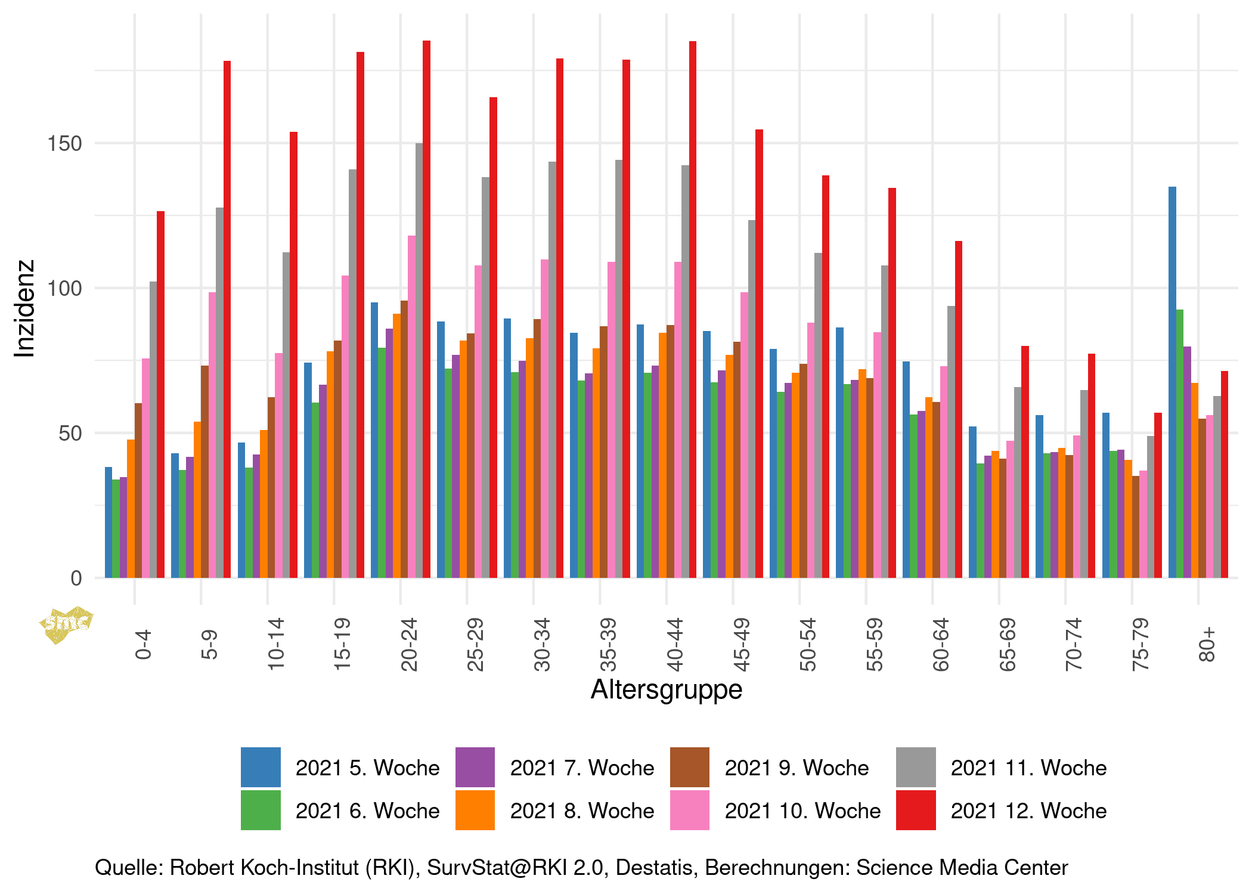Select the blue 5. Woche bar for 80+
(x=1172, y=382)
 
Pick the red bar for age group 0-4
(x=160, y=394)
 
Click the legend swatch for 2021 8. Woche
(x=475, y=810)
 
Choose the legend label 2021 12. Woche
(x=1028, y=811)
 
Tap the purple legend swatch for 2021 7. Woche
(x=475, y=767)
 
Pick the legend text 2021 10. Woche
(x=802, y=811)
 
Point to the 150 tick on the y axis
(x=64, y=144)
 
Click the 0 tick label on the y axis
(x=76, y=578)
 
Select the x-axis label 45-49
(x=741, y=645)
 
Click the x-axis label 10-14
(x=276, y=645)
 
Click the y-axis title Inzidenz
(x=24, y=309)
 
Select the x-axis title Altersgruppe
(x=666, y=689)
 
